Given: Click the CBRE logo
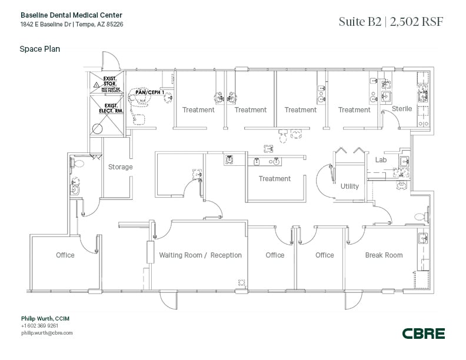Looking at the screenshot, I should coord(424,334).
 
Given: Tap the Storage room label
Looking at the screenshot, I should coord(120,167).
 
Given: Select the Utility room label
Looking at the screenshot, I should coord(349,186).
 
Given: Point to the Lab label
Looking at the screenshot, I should coord(381,159).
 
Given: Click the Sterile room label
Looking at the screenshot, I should coord(402,109).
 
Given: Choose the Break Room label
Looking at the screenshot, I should coord(384,255).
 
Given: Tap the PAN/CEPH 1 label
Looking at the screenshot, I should coord(148,92).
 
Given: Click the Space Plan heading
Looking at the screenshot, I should coord(40,49).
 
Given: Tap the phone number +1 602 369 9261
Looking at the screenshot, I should coord(39,326).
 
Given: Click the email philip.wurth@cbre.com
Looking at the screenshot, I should coord(47,333).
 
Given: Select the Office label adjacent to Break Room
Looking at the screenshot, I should coord(324,255).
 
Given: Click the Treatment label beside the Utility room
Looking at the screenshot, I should coord(275,179).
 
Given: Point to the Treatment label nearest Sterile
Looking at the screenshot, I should coord(354,110).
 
